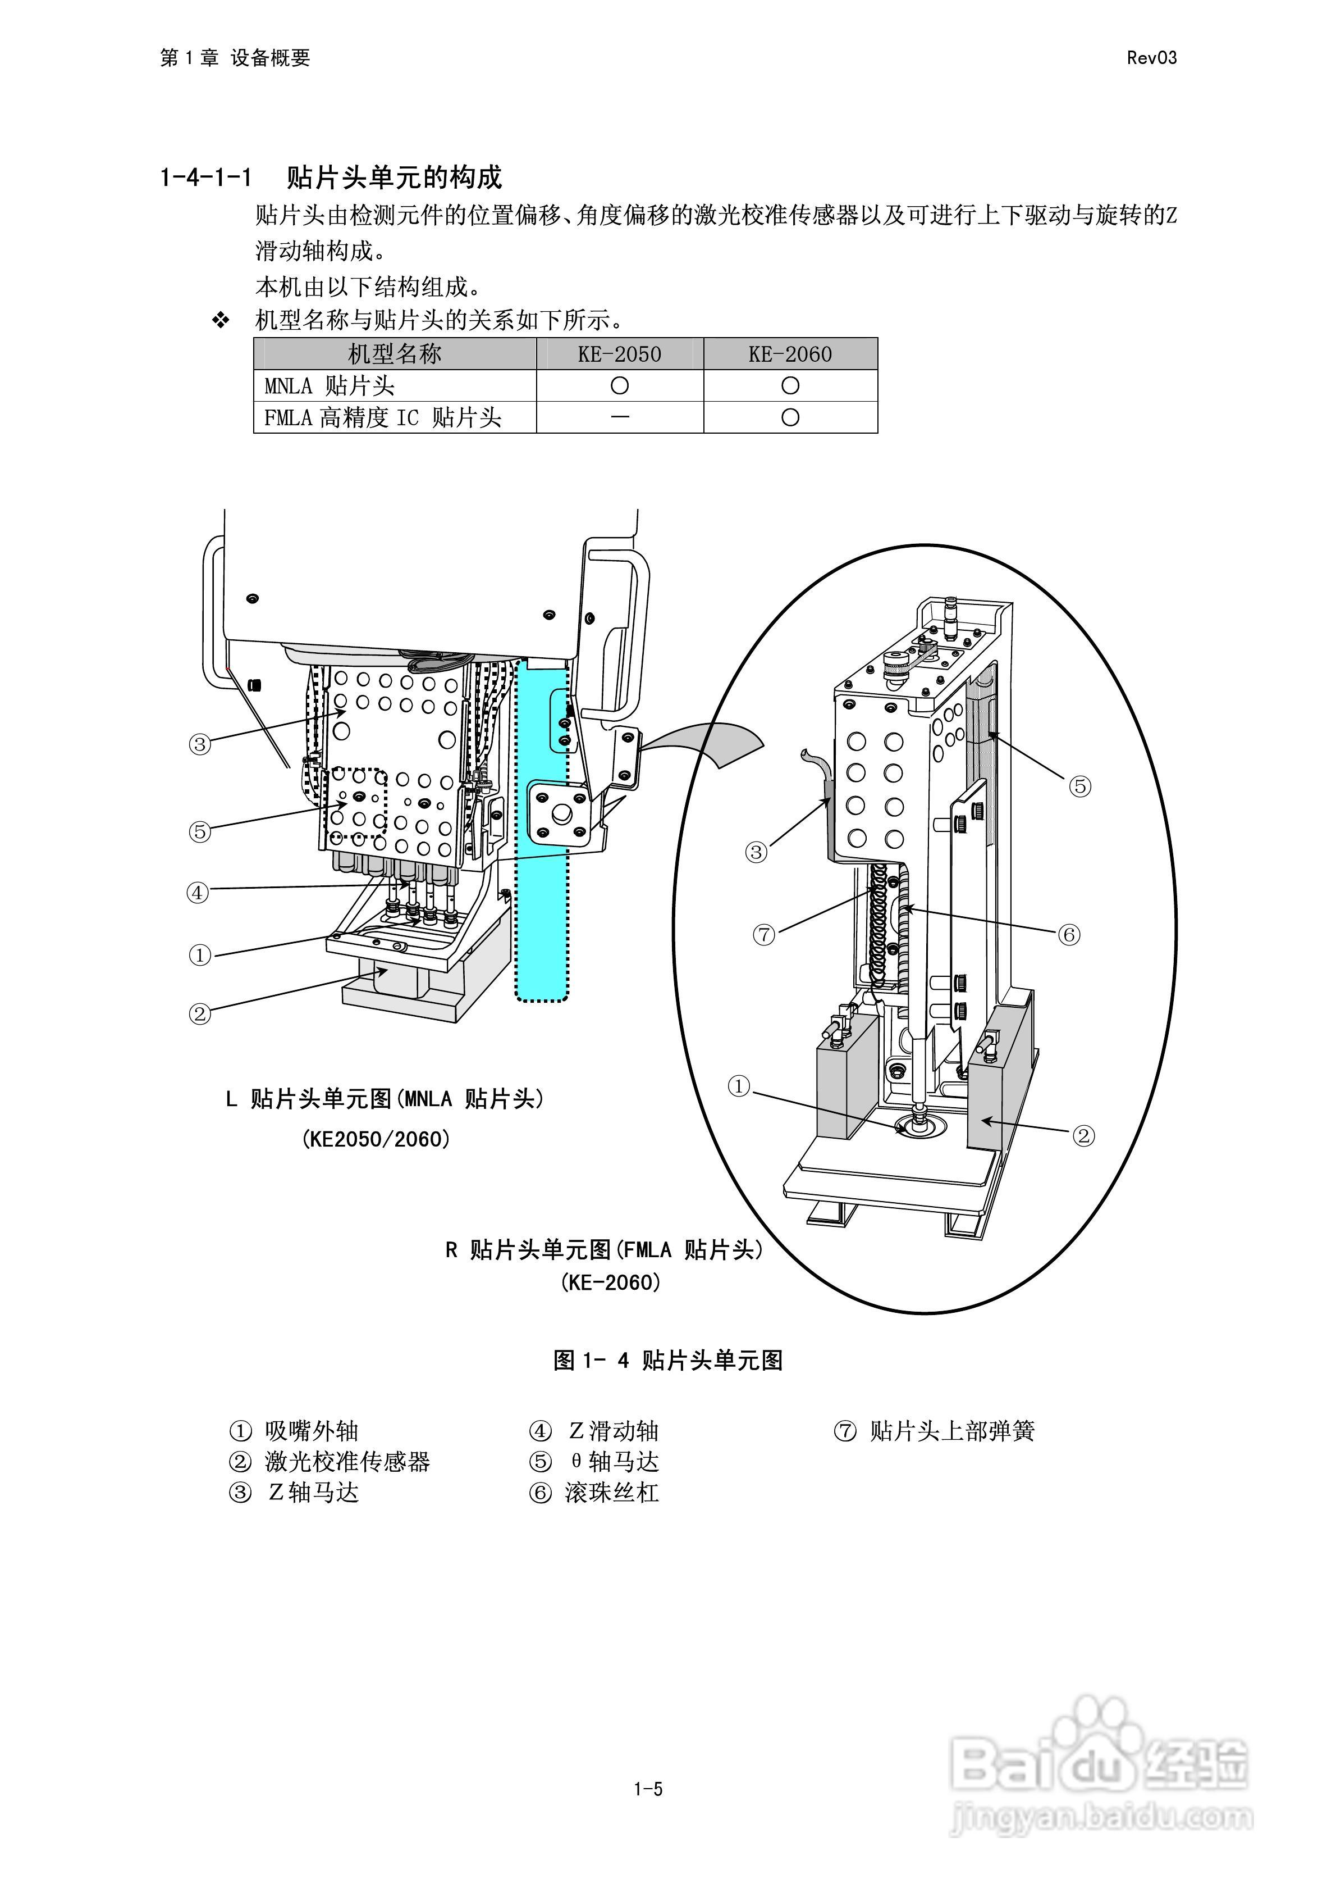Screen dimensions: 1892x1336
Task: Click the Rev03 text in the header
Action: [x=1151, y=58]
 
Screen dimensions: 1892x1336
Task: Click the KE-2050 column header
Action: [x=619, y=354]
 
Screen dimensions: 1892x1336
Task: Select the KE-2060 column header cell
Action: [x=789, y=354]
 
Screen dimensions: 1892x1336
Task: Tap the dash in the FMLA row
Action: [x=619, y=417]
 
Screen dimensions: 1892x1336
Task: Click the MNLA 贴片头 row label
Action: [x=330, y=386]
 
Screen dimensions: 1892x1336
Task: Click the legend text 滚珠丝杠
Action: [x=611, y=1493]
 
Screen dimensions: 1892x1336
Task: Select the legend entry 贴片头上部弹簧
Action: [x=951, y=1431]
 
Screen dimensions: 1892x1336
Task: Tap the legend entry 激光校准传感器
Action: [x=347, y=1462]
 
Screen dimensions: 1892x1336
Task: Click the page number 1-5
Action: [x=648, y=1789]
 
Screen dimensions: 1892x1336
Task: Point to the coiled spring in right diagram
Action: [x=880, y=923]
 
